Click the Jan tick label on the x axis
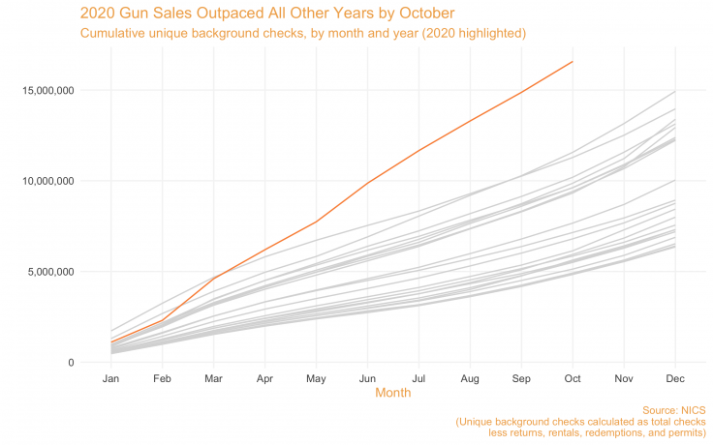110,377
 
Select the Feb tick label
162,377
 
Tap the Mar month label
213,377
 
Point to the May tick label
316,377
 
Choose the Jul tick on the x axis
418,377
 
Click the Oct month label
573,377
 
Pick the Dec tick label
675,377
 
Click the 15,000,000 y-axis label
47,91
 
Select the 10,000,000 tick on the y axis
47,182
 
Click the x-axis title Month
392,393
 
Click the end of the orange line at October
573,62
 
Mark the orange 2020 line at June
367,183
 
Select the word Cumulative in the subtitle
114,33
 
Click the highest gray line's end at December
675,91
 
